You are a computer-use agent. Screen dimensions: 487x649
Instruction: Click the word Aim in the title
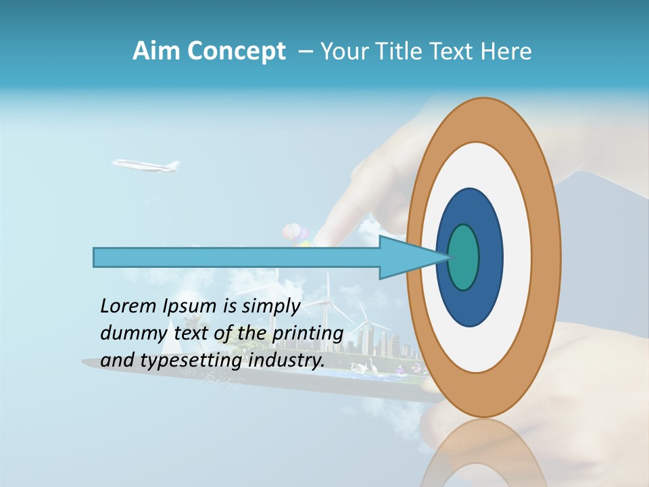155,51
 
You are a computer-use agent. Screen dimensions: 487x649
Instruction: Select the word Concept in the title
235,51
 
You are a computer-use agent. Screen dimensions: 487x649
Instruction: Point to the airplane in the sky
146,165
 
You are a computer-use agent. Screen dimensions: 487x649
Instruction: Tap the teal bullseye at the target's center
464,257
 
